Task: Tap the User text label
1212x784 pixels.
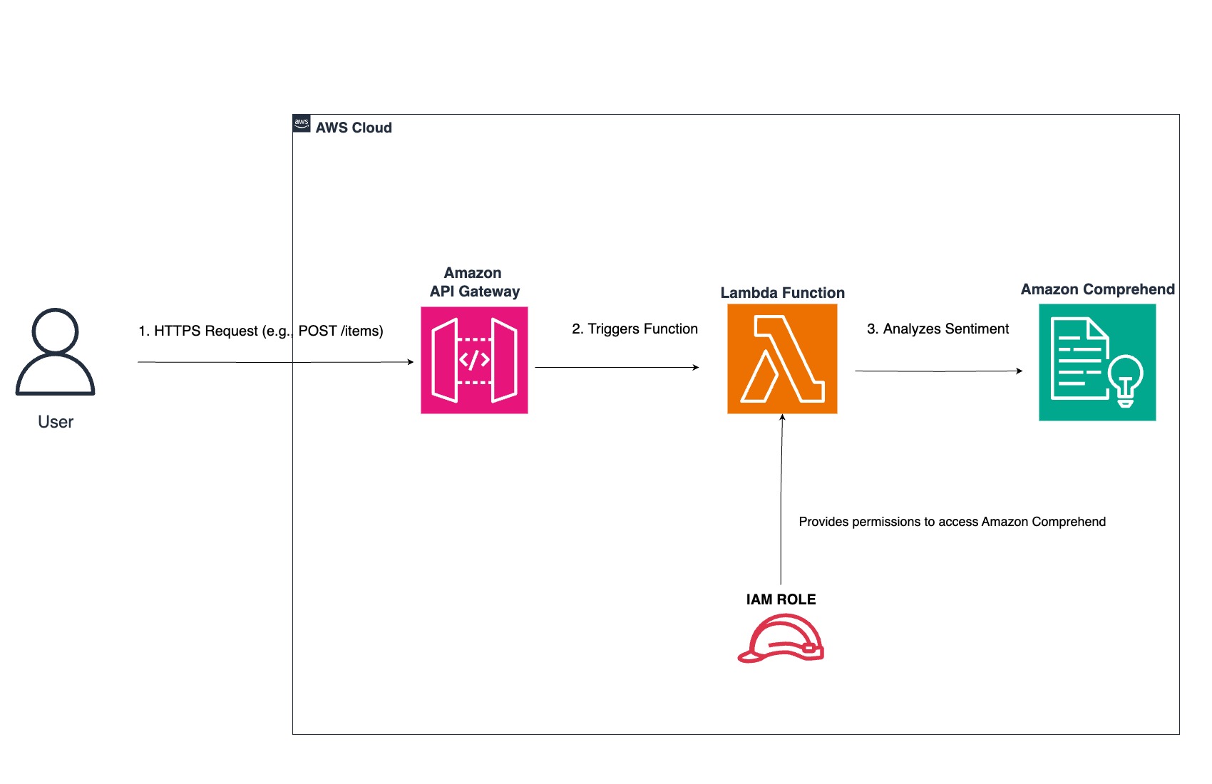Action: (x=56, y=422)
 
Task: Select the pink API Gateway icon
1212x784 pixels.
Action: (x=474, y=360)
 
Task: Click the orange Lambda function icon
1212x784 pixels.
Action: (x=782, y=359)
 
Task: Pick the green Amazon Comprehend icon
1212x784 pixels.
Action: (x=1097, y=362)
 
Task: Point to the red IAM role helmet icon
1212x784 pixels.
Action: (x=781, y=639)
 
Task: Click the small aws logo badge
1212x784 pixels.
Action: (x=302, y=123)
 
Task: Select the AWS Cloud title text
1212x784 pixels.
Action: (x=354, y=128)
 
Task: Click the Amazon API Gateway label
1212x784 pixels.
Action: (x=474, y=282)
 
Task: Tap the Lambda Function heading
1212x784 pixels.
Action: (x=782, y=293)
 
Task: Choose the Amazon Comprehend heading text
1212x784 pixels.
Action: (x=1097, y=289)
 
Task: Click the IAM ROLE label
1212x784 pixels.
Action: (x=781, y=599)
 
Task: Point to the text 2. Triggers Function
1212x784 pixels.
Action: (x=635, y=329)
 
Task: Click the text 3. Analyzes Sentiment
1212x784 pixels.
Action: (x=938, y=329)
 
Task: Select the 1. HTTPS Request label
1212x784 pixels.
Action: (x=260, y=331)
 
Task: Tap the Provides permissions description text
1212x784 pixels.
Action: (x=952, y=522)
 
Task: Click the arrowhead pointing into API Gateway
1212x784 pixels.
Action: (x=410, y=362)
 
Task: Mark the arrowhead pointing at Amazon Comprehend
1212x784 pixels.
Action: (x=1020, y=371)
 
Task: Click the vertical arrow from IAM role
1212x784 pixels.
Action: (x=781, y=499)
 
